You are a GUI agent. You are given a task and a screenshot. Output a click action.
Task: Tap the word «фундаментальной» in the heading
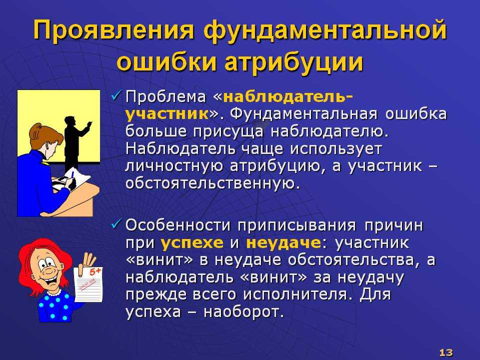tap(325, 30)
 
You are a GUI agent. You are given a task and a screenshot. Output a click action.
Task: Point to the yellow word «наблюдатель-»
tap(288, 96)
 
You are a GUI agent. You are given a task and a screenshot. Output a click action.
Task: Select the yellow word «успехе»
tap(192, 243)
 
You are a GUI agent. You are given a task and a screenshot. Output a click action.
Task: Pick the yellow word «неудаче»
tap(283, 243)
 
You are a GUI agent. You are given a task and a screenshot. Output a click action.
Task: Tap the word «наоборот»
tap(241, 312)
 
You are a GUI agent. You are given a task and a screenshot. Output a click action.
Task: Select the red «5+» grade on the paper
tap(95, 271)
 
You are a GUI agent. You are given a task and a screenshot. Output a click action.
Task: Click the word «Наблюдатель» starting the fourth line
tap(180, 149)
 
